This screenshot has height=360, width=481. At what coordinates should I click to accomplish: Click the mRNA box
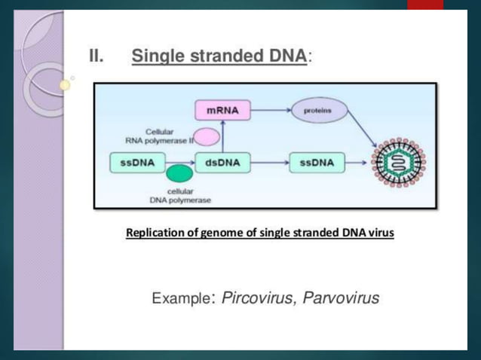pos(222,110)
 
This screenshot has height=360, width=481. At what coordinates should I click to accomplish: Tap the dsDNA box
pos(222,163)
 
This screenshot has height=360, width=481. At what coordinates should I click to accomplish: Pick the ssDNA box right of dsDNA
pos(317,163)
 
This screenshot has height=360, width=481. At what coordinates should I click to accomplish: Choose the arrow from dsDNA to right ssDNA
pos(270,163)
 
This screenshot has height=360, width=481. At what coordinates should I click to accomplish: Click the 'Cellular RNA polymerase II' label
pos(160,136)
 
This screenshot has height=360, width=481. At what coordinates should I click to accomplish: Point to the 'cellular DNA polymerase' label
pos(180,196)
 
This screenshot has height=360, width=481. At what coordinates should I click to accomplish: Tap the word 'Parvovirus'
pos(341,298)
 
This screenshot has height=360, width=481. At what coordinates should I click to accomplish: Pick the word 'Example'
pos(182,299)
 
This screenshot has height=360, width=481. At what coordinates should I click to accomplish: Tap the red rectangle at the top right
pos(425,4)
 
